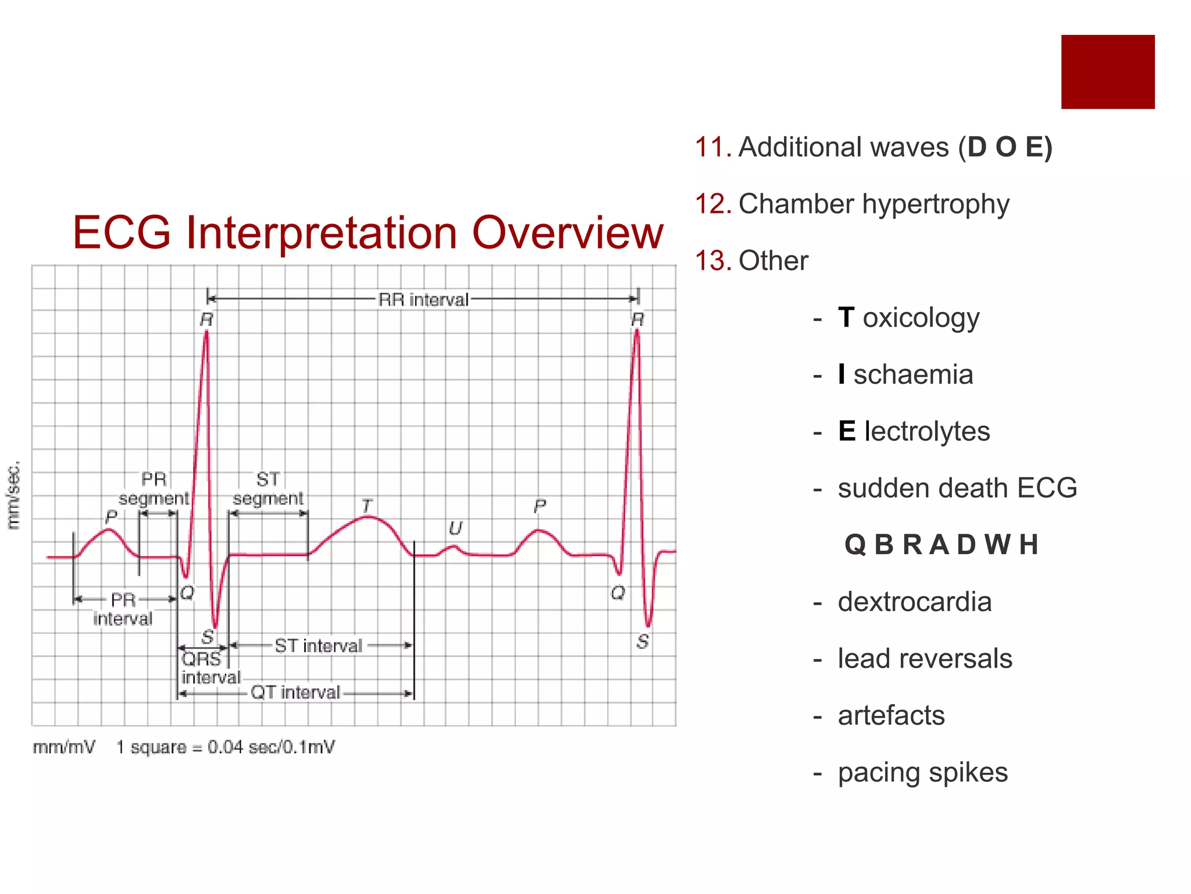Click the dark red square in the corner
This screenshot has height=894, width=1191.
click(x=1107, y=72)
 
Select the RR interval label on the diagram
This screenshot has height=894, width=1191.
click(x=423, y=300)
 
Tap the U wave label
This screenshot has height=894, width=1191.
click(x=455, y=528)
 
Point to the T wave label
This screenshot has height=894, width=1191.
click(x=366, y=506)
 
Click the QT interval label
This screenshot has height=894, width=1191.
click(x=295, y=693)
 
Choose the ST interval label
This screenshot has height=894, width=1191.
click(x=318, y=646)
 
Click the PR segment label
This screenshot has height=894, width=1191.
click(x=154, y=489)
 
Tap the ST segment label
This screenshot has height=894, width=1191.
click(x=268, y=489)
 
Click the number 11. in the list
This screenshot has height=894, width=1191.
click(x=713, y=147)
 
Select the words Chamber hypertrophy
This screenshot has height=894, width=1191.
click(x=873, y=204)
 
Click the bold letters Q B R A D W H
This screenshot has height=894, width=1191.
click(x=941, y=545)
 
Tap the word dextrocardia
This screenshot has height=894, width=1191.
click(x=914, y=602)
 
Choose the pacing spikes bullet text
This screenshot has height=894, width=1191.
click(x=922, y=772)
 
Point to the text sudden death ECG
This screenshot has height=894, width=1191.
click(x=957, y=488)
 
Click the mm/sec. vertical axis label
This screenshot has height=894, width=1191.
click(x=13, y=495)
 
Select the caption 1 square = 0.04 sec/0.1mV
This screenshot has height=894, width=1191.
click(x=225, y=747)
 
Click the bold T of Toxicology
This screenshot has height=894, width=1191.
click(x=846, y=318)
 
